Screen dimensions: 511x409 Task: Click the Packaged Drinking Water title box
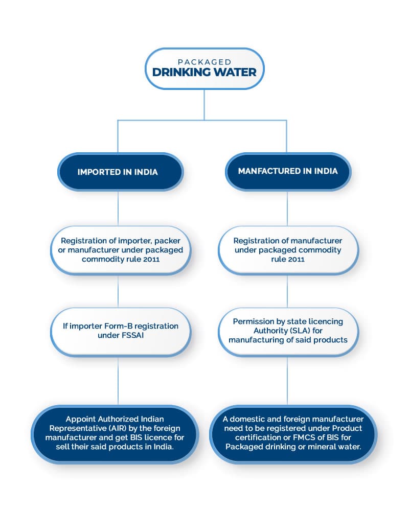point(204,68)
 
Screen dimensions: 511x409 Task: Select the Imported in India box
point(118,172)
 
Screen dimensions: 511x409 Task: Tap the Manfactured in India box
point(287,171)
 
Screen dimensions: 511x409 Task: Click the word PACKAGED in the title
point(204,62)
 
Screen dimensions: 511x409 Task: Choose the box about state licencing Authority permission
point(287,331)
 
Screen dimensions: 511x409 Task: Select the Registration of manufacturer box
point(287,249)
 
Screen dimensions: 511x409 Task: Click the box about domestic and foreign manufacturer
point(293,433)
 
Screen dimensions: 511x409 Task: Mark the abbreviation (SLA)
point(307,331)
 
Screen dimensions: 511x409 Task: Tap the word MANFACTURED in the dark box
point(269,171)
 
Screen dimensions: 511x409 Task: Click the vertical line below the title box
point(204,105)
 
